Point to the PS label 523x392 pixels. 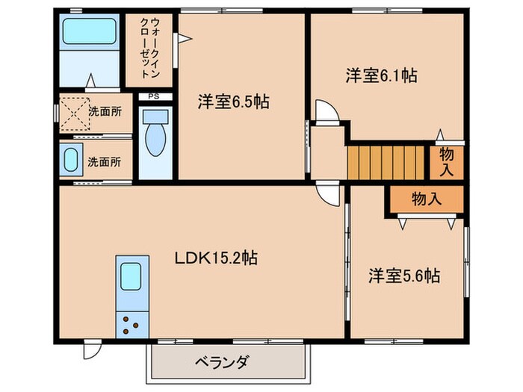(x=153, y=96)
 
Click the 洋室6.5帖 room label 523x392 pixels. (x=233, y=102)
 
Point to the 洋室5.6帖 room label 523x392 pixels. (x=403, y=276)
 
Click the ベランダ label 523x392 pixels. (x=222, y=362)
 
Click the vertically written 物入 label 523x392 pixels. (x=447, y=162)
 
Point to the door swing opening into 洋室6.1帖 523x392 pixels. (x=327, y=111)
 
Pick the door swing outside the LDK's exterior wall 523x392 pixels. (x=90, y=349)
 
